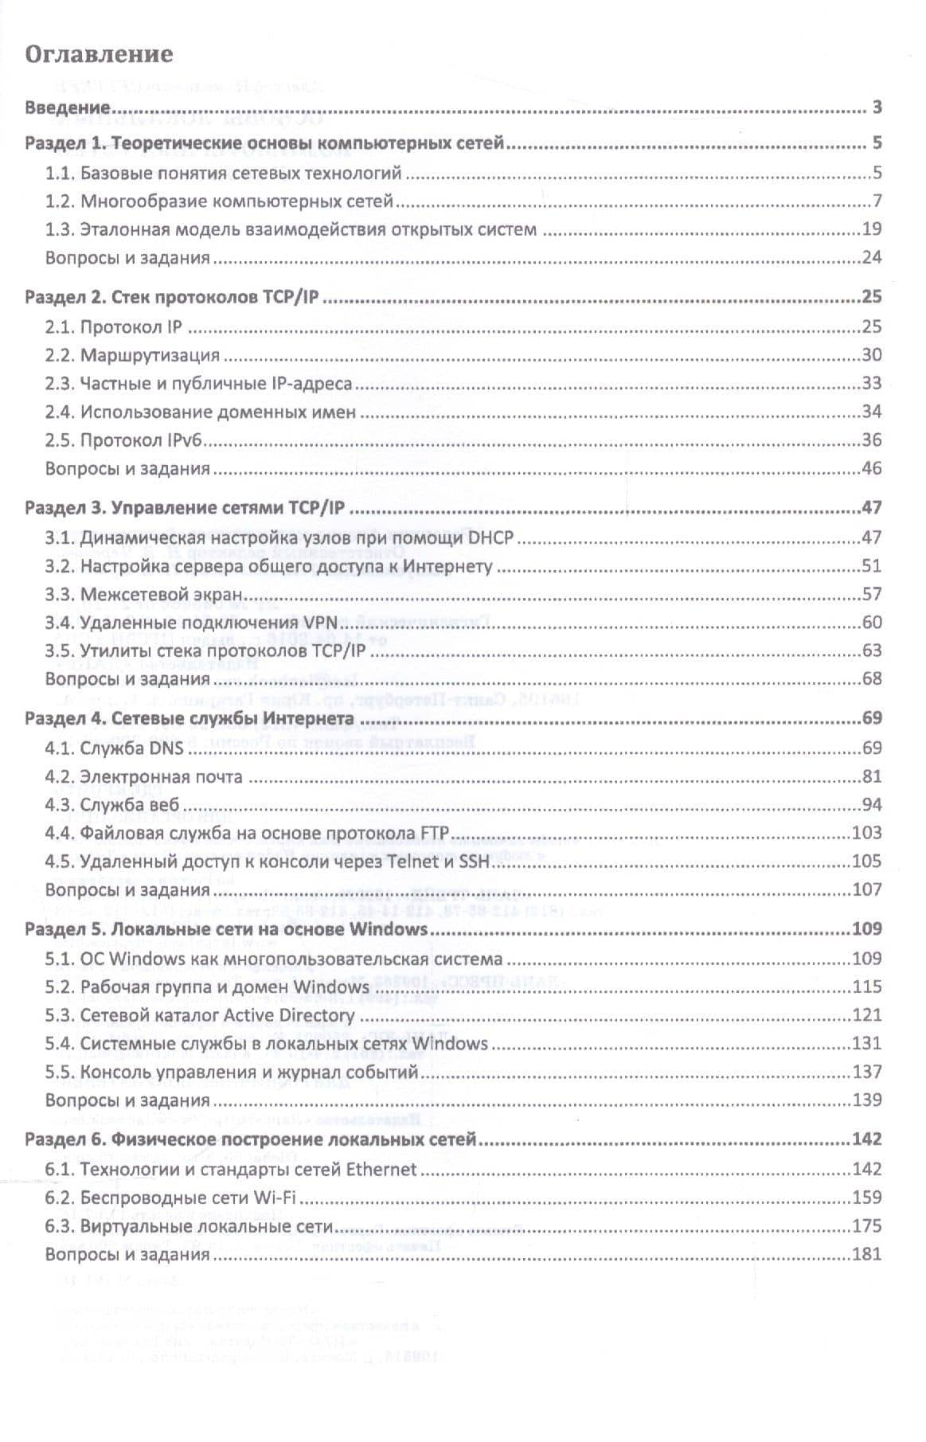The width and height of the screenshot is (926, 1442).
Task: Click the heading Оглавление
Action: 99,54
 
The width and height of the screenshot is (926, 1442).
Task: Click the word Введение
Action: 68,107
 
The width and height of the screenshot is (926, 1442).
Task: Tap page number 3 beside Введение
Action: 877,107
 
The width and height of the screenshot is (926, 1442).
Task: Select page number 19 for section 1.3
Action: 872,229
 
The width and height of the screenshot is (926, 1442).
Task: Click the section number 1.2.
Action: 60,201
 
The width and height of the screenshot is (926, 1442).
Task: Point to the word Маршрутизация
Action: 150,355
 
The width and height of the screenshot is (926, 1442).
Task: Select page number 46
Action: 872,468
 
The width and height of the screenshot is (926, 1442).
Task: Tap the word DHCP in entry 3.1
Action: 490,538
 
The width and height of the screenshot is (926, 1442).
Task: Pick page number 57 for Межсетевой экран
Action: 872,594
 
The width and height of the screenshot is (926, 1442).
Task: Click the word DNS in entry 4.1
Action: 166,748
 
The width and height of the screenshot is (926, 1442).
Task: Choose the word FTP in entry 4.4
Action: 433,834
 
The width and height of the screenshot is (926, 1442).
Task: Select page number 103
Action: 867,833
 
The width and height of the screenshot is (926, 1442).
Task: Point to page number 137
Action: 867,1072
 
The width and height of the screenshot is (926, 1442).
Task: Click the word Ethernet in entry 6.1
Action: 381,1170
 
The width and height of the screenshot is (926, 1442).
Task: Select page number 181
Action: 867,1254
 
